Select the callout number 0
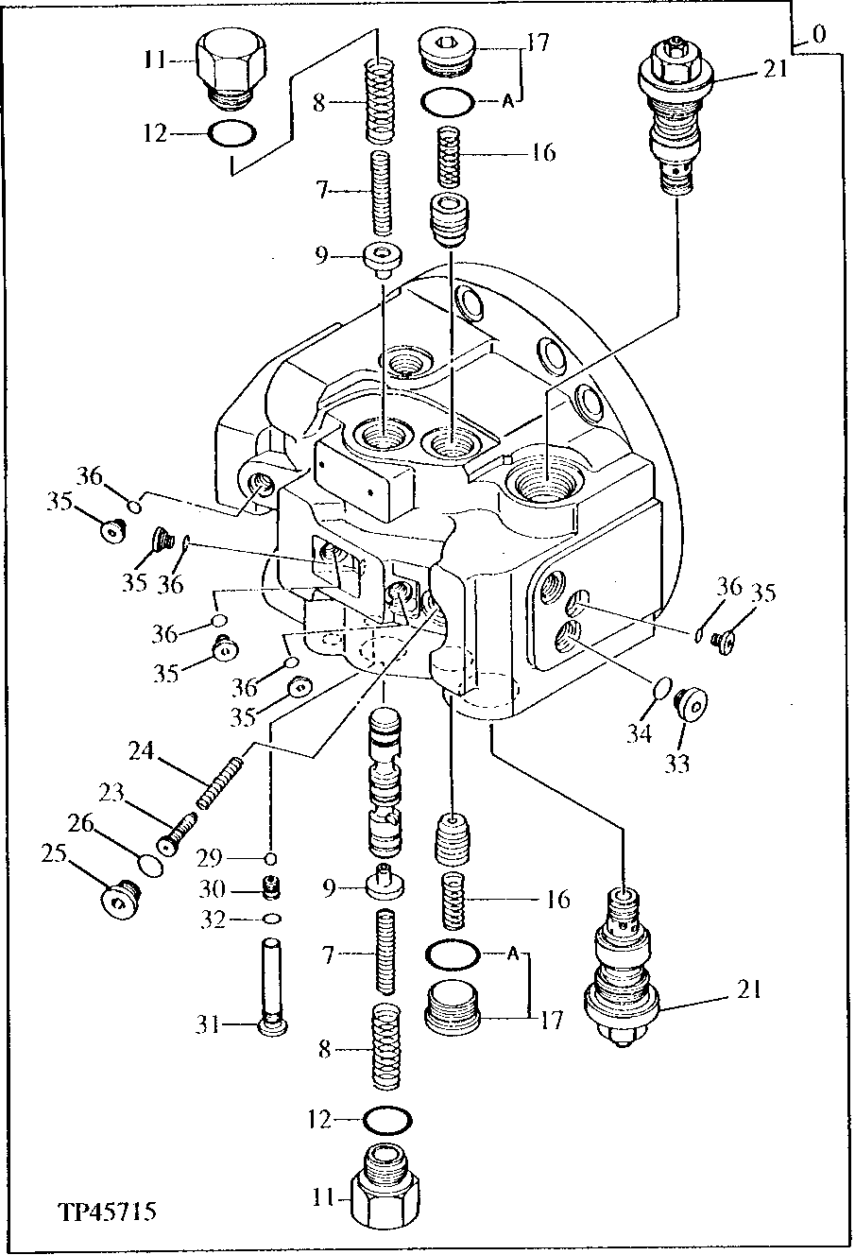[x=818, y=36]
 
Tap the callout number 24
[x=142, y=752]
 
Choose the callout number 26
[x=80, y=825]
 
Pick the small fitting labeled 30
[x=272, y=888]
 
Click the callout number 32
[x=214, y=919]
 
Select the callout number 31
[x=209, y=1023]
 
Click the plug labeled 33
[x=692, y=704]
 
